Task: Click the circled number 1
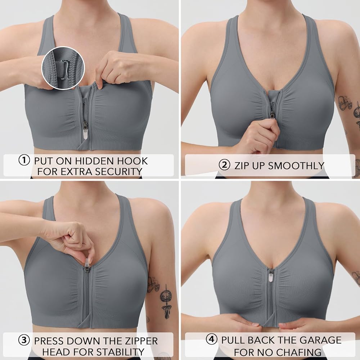click(x=24, y=160)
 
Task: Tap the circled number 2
click(x=224, y=165)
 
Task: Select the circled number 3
click(x=24, y=340)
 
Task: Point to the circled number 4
click(x=211, y=339)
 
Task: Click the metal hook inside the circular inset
click(x=64, y=69)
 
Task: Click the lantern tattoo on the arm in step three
click(x=165, y=301)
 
